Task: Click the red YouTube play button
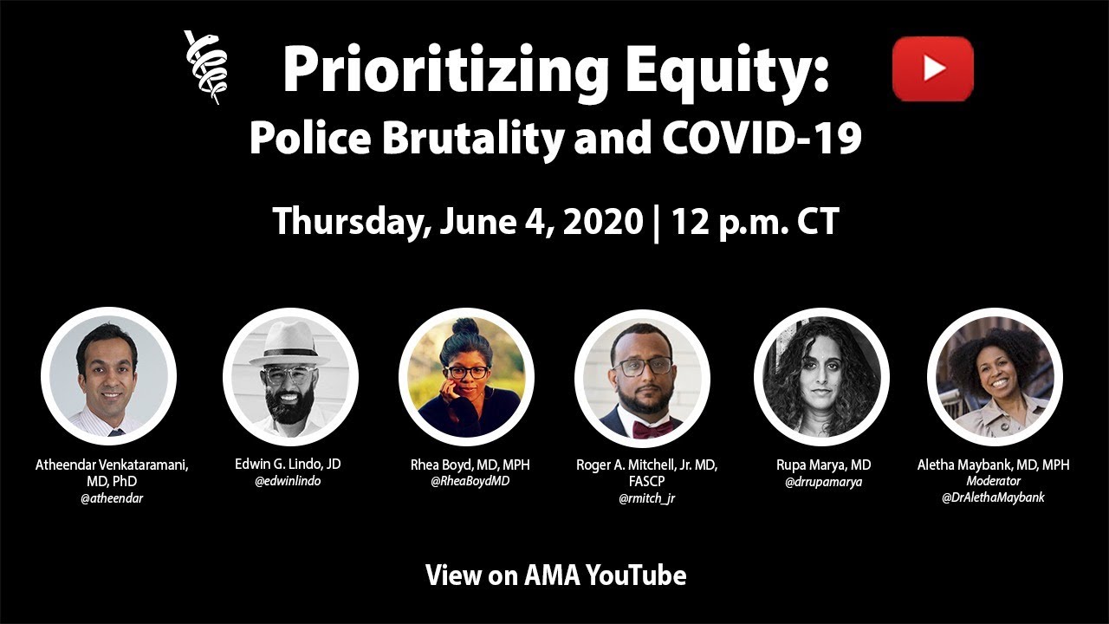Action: [x=933, y=68]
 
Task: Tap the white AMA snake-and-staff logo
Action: [x=205, y=68]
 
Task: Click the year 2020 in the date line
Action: [x=603, y=221]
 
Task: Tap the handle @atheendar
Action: [x=112, y=498]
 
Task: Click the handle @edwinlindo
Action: [x=288, y=481]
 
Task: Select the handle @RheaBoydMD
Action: [x=470, y=481]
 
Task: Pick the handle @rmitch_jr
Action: [x=646, y=498]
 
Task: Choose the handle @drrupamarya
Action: [x=823, y=482]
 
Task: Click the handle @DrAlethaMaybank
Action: [x=993, y=497]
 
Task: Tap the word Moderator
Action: [x=993, y=481]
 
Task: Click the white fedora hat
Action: [x=290, y=341]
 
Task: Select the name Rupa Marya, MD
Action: [x=823, y=465]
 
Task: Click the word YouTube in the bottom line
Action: [x=636, y=575]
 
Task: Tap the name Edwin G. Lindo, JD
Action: [x=288, y=464]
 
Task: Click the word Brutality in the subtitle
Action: [x=473, y=140]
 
